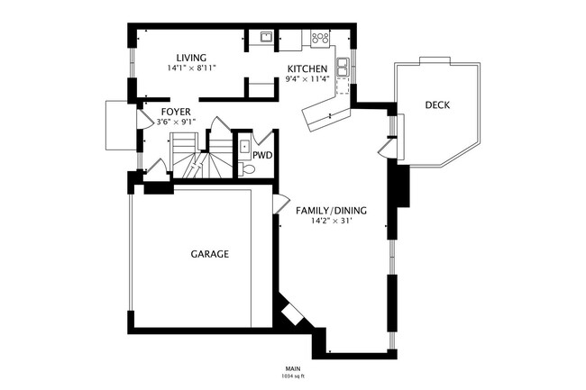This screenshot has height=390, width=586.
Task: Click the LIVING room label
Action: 191,58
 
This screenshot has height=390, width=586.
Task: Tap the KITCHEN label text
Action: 307,69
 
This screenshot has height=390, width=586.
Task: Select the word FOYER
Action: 176,112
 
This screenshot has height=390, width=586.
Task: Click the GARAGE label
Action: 209,254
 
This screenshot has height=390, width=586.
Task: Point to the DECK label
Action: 437,105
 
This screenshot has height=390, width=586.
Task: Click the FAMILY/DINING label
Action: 331,211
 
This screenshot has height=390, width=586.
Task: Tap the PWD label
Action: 261,155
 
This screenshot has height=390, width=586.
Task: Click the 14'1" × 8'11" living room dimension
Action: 191,68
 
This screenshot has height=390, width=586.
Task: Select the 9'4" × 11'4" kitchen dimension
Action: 307,79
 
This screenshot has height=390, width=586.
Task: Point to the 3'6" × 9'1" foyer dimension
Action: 176,122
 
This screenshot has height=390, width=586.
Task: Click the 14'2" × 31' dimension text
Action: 331,222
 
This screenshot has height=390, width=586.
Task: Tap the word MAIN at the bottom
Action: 293,367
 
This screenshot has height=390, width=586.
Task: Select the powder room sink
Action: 244,144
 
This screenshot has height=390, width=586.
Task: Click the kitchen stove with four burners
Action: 320,38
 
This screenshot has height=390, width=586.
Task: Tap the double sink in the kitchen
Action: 343,67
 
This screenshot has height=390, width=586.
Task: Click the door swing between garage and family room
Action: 279,204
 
